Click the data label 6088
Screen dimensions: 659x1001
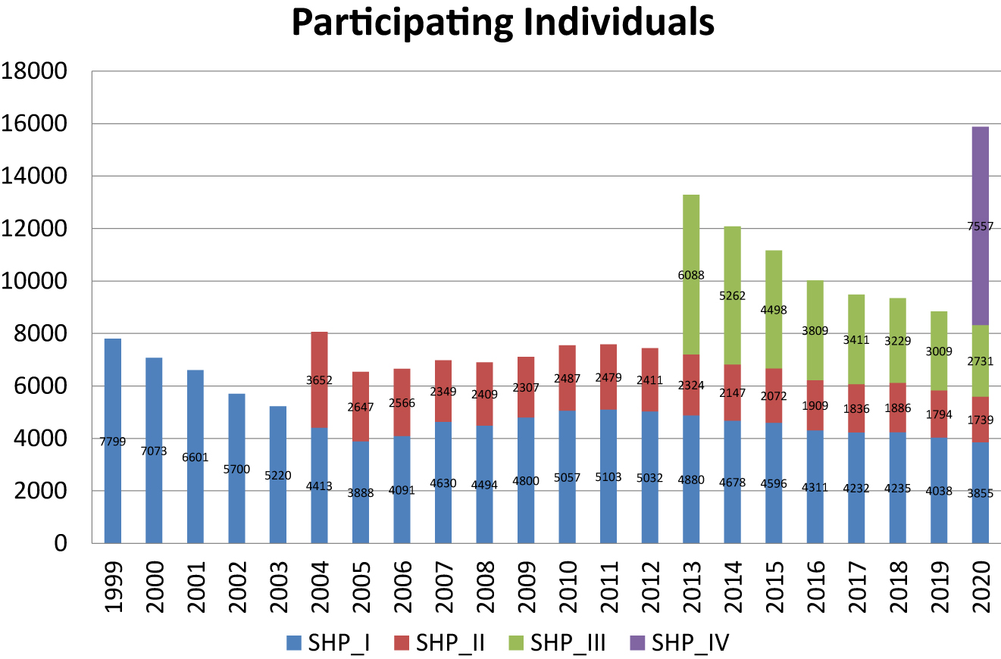(x=690, y=275)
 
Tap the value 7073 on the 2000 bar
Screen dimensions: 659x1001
(x=154, y=451)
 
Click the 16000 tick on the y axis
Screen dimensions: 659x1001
(x=45, y=124)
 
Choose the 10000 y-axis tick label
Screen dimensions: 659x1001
(x=45, y=282)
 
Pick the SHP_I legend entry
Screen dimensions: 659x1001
(x=326, y=642)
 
